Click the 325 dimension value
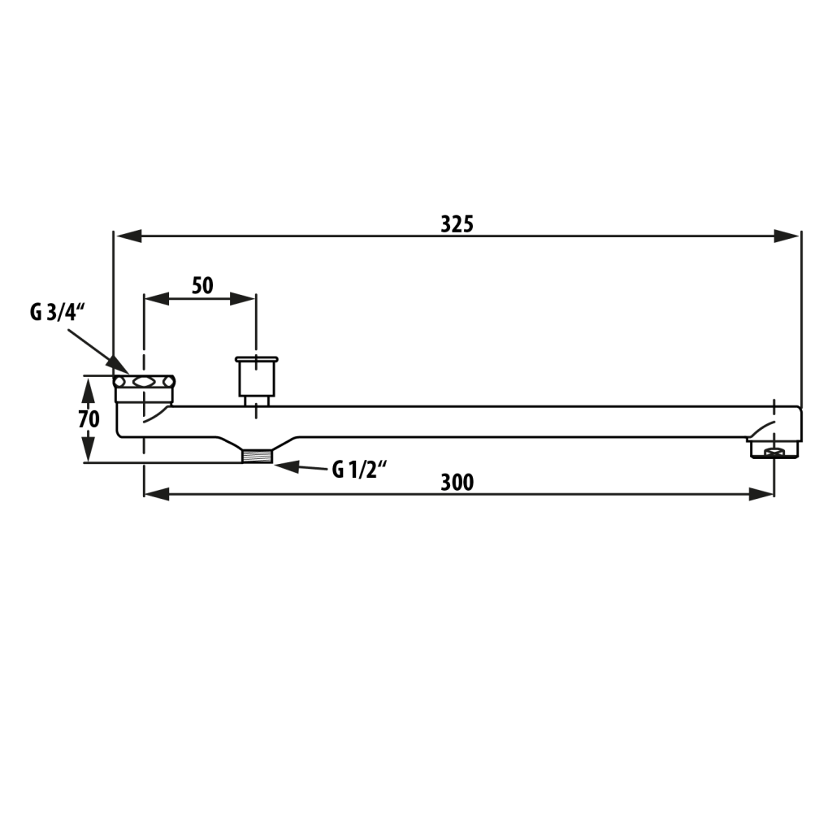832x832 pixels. (x=457, y=224)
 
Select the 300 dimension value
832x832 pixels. (x=457, y=483)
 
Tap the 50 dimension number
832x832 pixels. (x=202, y=285)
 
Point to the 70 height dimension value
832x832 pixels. (x=89, y=419)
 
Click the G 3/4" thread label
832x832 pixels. (x=58, y=312)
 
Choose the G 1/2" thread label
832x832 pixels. (x=360, y=470)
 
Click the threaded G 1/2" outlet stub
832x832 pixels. (x=258, y=456)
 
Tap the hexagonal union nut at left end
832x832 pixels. (x=145, y=381)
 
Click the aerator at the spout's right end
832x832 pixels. (x=774, y=448)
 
